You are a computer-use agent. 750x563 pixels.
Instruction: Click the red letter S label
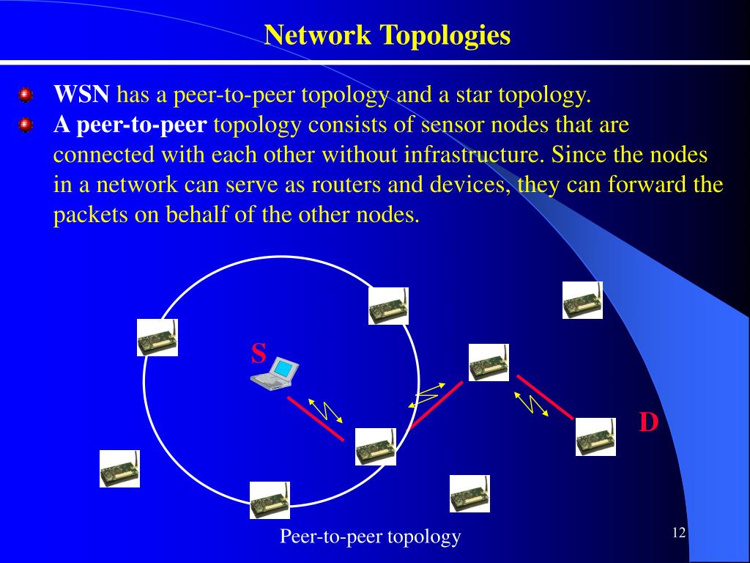259,354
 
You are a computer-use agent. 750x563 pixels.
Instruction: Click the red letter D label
648,423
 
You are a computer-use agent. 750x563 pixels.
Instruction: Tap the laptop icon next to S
275,372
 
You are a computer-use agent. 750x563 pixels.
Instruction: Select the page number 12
678,532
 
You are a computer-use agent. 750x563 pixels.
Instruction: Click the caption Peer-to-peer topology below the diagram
370,537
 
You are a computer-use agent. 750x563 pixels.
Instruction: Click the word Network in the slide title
317,35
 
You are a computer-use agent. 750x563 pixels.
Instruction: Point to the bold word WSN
82,95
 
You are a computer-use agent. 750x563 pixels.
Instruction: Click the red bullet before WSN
26,95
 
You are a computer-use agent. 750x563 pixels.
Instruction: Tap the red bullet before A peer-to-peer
26,126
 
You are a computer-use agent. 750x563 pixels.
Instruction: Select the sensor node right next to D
595,437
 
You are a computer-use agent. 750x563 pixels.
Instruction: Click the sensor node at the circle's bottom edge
270,500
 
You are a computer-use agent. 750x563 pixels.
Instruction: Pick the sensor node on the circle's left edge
157,337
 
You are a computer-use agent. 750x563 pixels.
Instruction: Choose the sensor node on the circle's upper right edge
388,306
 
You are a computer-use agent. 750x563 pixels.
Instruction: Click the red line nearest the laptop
316,418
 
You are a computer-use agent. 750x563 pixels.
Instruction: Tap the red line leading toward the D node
545,397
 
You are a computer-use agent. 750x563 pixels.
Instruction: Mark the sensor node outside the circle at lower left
119,468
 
